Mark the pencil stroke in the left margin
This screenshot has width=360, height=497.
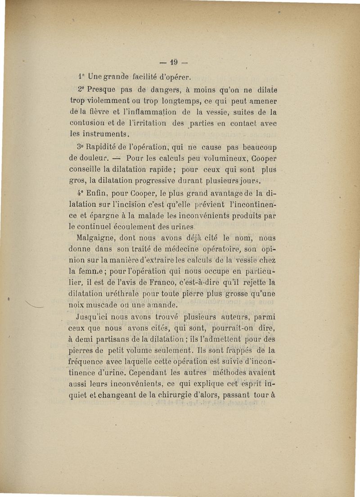[36, 306]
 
